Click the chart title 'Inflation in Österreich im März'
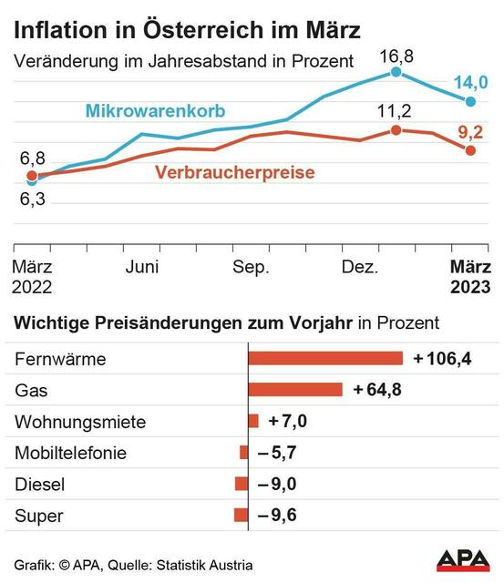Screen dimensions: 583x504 pyautogui.click(x=187, y=29)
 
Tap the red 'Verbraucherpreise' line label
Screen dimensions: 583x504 pyautogui.click(x=235, y=172)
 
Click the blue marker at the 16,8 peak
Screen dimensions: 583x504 pyautogui.click(x=396, y=71)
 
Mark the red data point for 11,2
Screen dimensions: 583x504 pyautogui.click(x=396, y=130)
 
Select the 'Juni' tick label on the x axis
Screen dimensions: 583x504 pyautogui.click(x=142, y=267)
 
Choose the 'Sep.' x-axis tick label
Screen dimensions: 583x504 pyautogui.click(x=251, y=267)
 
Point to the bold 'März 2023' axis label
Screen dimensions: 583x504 pyautogui.click(x=472, y=277)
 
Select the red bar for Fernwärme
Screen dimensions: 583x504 pyautogui.click(x=325, y=358)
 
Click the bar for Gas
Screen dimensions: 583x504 pyautogui.click(x=295, y=390)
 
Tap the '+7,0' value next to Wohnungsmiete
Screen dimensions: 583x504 pyautogui.click(x=287, y=422)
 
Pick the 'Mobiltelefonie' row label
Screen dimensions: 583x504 pyautogui.click(x=70, y=453)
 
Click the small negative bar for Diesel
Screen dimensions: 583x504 pyautogui.click(x=242, y=484)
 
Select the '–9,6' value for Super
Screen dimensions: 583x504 pyautogui.click(x=276, y=516)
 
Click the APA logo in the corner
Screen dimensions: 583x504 pyautogui.click(x=463, y=559)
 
